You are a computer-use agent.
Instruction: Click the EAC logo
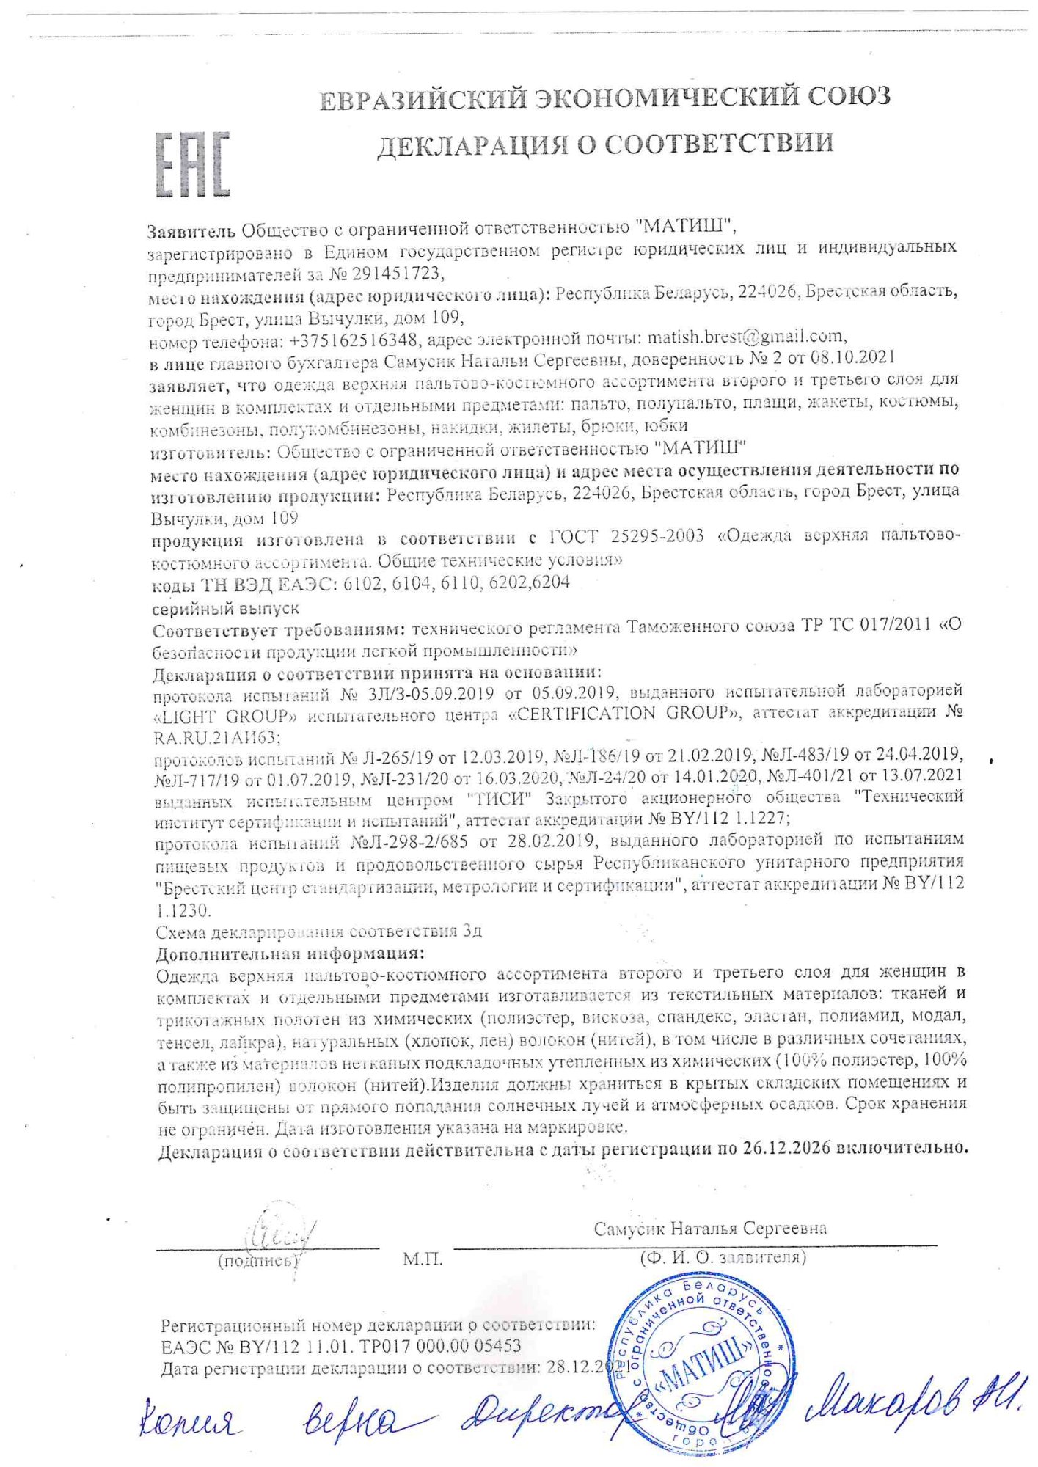click(x=192, y=164)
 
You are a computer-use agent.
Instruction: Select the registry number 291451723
click(x=398, y=274)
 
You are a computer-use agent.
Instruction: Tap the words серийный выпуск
click(x=225, y=609)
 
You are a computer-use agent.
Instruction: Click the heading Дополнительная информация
click(x=290, y=954)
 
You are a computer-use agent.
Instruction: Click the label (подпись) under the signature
click(x=259, y=1261)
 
